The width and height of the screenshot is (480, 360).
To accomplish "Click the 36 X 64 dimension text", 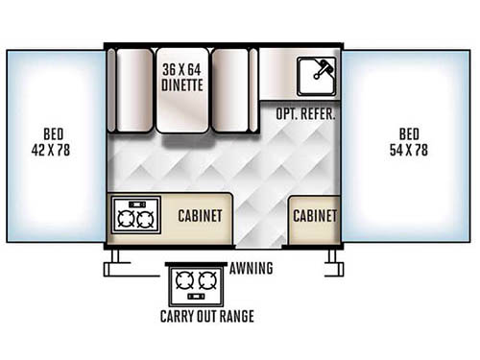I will point(180,69).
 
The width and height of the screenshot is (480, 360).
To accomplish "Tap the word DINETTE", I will point(180,84).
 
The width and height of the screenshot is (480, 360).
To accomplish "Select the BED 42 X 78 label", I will point(54,142).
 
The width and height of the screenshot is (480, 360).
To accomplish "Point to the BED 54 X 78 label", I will point(409,142).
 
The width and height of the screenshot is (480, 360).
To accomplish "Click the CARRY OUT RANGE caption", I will point(207,317).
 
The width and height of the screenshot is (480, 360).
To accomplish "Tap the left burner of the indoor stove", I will point(125,218).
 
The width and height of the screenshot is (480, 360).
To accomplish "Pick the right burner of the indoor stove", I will point(145,218).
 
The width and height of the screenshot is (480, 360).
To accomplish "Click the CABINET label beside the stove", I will point(200,216).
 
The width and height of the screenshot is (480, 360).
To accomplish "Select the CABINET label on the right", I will point(314,216).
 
